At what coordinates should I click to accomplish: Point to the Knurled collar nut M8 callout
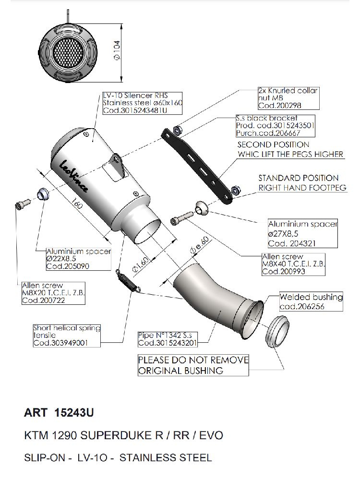288,98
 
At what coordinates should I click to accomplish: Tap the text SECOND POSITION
273,144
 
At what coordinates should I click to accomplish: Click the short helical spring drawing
129,280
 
